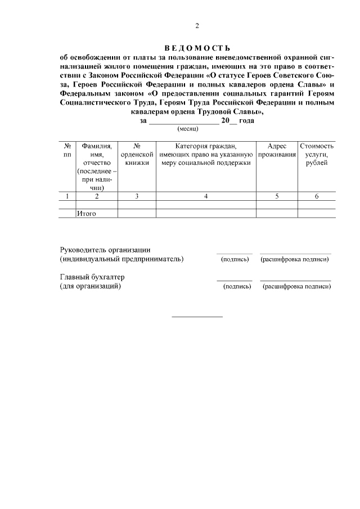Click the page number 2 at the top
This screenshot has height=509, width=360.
point(197,25)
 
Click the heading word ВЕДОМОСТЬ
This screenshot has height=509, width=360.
point(197,47)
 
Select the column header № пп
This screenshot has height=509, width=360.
point(67,150)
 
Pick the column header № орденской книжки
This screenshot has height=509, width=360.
point(137,155)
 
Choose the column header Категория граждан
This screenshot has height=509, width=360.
point(206,155)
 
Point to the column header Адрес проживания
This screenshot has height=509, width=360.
point(277,150)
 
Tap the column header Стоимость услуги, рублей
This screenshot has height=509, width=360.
point(317,155)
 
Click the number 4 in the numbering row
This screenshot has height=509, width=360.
point(206,196)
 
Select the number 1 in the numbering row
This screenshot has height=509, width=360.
point(67,196)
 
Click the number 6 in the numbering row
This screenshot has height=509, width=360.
point(317,196)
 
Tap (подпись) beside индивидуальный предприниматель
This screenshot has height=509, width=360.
point(235,259)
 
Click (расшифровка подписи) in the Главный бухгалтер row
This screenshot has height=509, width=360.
point(296,286)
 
